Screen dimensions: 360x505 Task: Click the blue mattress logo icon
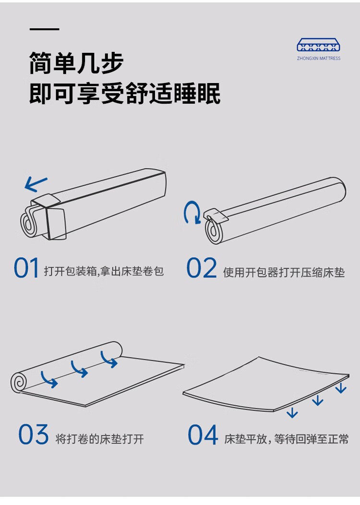coord(318,45)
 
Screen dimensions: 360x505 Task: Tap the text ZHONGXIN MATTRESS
coord(318,59)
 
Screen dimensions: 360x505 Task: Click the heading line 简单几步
coord(76,63)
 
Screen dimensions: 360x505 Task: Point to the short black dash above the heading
coord(45,29)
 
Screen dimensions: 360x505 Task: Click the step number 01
coord(26,268)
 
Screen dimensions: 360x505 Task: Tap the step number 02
coord(202,268)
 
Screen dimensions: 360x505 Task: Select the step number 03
coord(34,434)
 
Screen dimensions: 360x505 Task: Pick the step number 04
coord(203,435)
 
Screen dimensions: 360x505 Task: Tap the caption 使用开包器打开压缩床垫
coord(284,273)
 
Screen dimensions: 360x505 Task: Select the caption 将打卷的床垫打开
coord(100,439)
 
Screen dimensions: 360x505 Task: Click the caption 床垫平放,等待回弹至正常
coord(287,439)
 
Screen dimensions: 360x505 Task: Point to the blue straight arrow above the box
coord(36,184)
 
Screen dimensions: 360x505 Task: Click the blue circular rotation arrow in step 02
coord(192,213)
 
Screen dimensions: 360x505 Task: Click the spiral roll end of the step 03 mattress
coord(19,382)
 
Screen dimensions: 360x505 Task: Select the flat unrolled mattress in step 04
coord(266,384)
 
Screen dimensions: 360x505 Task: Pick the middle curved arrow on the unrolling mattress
coord(79,369)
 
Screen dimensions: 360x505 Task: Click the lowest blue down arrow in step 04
coord(292,412)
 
